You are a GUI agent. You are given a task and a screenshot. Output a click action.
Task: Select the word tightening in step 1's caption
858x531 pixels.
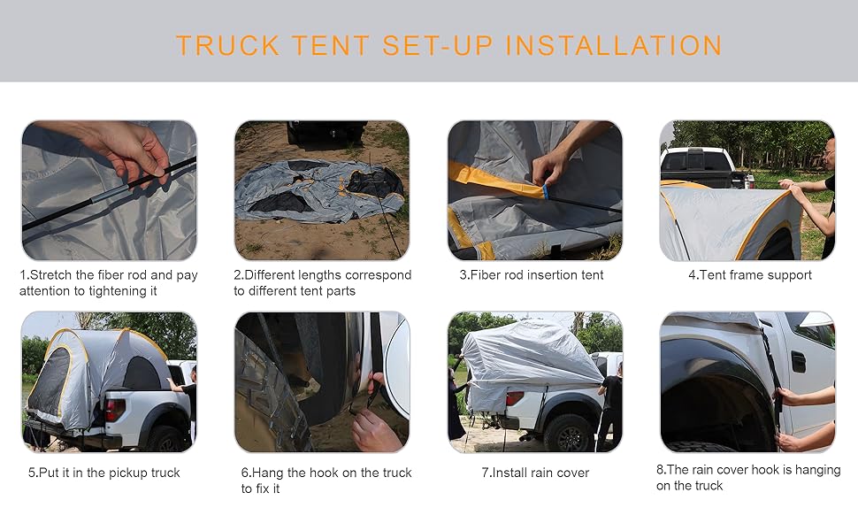[x=111, y=291]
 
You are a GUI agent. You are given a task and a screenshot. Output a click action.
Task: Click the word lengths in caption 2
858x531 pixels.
[x=325, y=275]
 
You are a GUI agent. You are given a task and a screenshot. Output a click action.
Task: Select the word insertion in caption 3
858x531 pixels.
[x=540, y=275]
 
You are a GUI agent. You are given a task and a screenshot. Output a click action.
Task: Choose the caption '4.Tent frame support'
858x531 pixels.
[x=750, y=275]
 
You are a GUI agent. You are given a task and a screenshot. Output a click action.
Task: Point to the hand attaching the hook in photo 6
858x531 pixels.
[x=376, y=429]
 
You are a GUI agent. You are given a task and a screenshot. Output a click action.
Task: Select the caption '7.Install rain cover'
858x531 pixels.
[x=535, y=473]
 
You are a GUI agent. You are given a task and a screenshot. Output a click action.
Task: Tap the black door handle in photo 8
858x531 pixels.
[x=798, y=362]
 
